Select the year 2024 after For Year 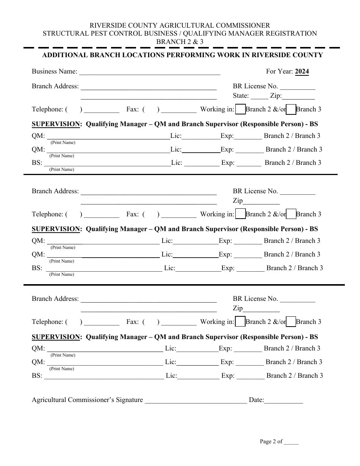[302, 71]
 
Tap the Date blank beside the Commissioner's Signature [283, 401]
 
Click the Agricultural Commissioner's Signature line [196, 401]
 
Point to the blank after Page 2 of [291, 442]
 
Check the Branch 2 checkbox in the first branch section [240, 109]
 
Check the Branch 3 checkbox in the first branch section [291, 109]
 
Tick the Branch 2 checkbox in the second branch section [240, 214]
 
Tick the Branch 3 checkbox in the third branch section [291, 322]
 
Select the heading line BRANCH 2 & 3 [180, 42]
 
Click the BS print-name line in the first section [108, 164]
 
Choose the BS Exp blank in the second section [250, 269]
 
